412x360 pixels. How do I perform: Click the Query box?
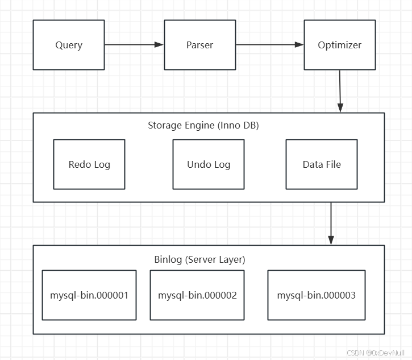(x=69, y=45)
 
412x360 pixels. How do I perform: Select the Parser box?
(x=200, y=45)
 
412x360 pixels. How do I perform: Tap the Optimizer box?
(x=340, y=45)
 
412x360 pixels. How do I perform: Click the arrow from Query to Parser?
(x=134, y=45)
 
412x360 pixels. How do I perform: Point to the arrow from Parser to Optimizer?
(x=270, y=45)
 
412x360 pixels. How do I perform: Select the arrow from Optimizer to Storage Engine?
(x=340, y=91)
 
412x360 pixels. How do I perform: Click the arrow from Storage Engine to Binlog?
(x=331, y=224)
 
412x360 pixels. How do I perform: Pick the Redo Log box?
(x=89, y=164)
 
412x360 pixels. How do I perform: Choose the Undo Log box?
(x=209, y=164)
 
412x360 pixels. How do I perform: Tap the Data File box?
(x=322, y=164)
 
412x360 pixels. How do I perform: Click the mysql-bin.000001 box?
(x=89, y=295)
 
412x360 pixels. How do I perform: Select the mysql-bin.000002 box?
(x=197, y=295)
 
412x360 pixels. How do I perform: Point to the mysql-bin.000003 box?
(x=317, y=295)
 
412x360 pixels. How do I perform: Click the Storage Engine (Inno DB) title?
(x=203, y=126)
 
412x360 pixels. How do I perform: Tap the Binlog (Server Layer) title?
(x=199, y=259)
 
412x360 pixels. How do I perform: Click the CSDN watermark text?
(x=376, y=353)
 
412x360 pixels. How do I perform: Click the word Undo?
(x=195, y=164)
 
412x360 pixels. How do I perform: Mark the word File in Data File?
(x=333, y=164)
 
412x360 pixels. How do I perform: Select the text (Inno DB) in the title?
(x=238, y=126)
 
